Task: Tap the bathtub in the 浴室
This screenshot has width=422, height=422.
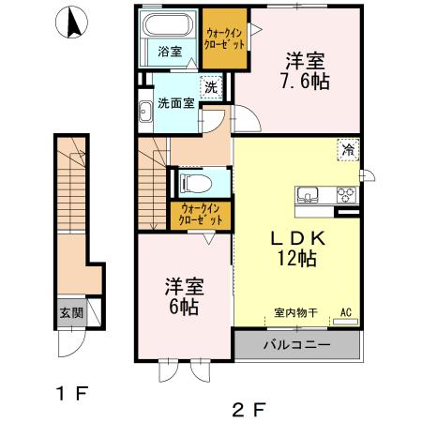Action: pyautogui.click(x=168, y=24)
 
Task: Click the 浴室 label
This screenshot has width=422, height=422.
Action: pyautogui.click(x=170, y=52)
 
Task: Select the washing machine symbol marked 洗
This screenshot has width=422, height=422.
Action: pyautogui.click(x=211, y=87)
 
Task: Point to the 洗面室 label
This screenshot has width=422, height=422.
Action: pyautogui.click(x=176, y=103)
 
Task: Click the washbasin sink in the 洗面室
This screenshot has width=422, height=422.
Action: pyautogui.click(x=145, y=112)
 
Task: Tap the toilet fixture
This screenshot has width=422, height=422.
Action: pyautogui.click(x=196, y=183)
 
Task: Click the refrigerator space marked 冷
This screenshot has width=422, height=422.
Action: pyautogui.click(x=348, y=150)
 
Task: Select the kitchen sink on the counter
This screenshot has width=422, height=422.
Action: pyautogui.click(x=308, y=194)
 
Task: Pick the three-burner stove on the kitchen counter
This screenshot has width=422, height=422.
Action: pyautogui.click(x=346, y=194)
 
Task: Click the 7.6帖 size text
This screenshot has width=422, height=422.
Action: pyautogui.click(x=306, y=82)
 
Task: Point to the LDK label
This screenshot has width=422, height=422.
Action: pyautogui.click(x=298, y=239)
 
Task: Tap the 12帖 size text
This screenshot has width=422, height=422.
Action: pyautogui.click(x=297, y=258)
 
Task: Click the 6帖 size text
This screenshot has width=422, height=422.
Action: pyautogui.click(x=184, y=307)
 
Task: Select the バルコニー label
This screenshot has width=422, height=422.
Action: pyautogui.click(x=296, y=345)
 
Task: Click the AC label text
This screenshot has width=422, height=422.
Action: pyautogui.click(x=346, y=312)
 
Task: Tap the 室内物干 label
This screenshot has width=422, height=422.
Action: pyautogui.click(x=296, y=312)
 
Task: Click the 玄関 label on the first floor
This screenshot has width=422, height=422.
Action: pyautogui.click(x=71, y=312)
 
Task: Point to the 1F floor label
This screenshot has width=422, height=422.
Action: pyautogui.click(x=72, y=393)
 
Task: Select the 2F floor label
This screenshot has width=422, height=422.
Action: pyautogui.click(x=249, y=410)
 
